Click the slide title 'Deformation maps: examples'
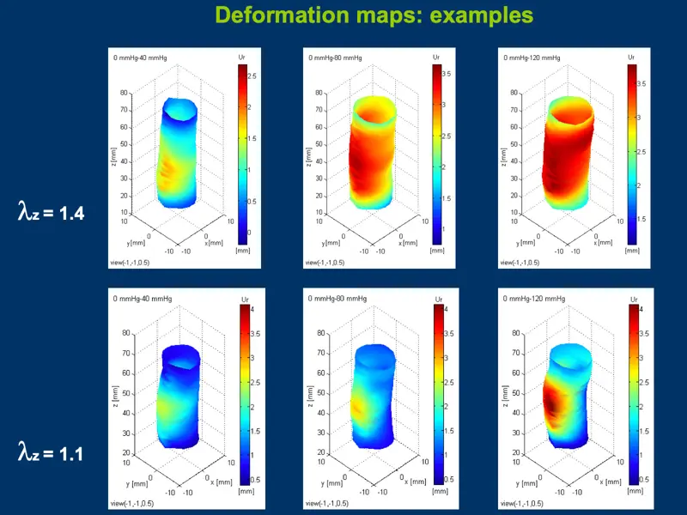coord(374,15)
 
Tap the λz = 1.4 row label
coord(51,211)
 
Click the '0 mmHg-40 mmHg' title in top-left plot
coord(141,58)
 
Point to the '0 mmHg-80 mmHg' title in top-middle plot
coord(336,58)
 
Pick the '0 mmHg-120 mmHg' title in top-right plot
coord(530,58)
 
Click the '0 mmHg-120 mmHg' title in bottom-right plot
coord(533,298)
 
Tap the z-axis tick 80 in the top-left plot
coord(125,93)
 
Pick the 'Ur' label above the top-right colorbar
coord(631,58)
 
